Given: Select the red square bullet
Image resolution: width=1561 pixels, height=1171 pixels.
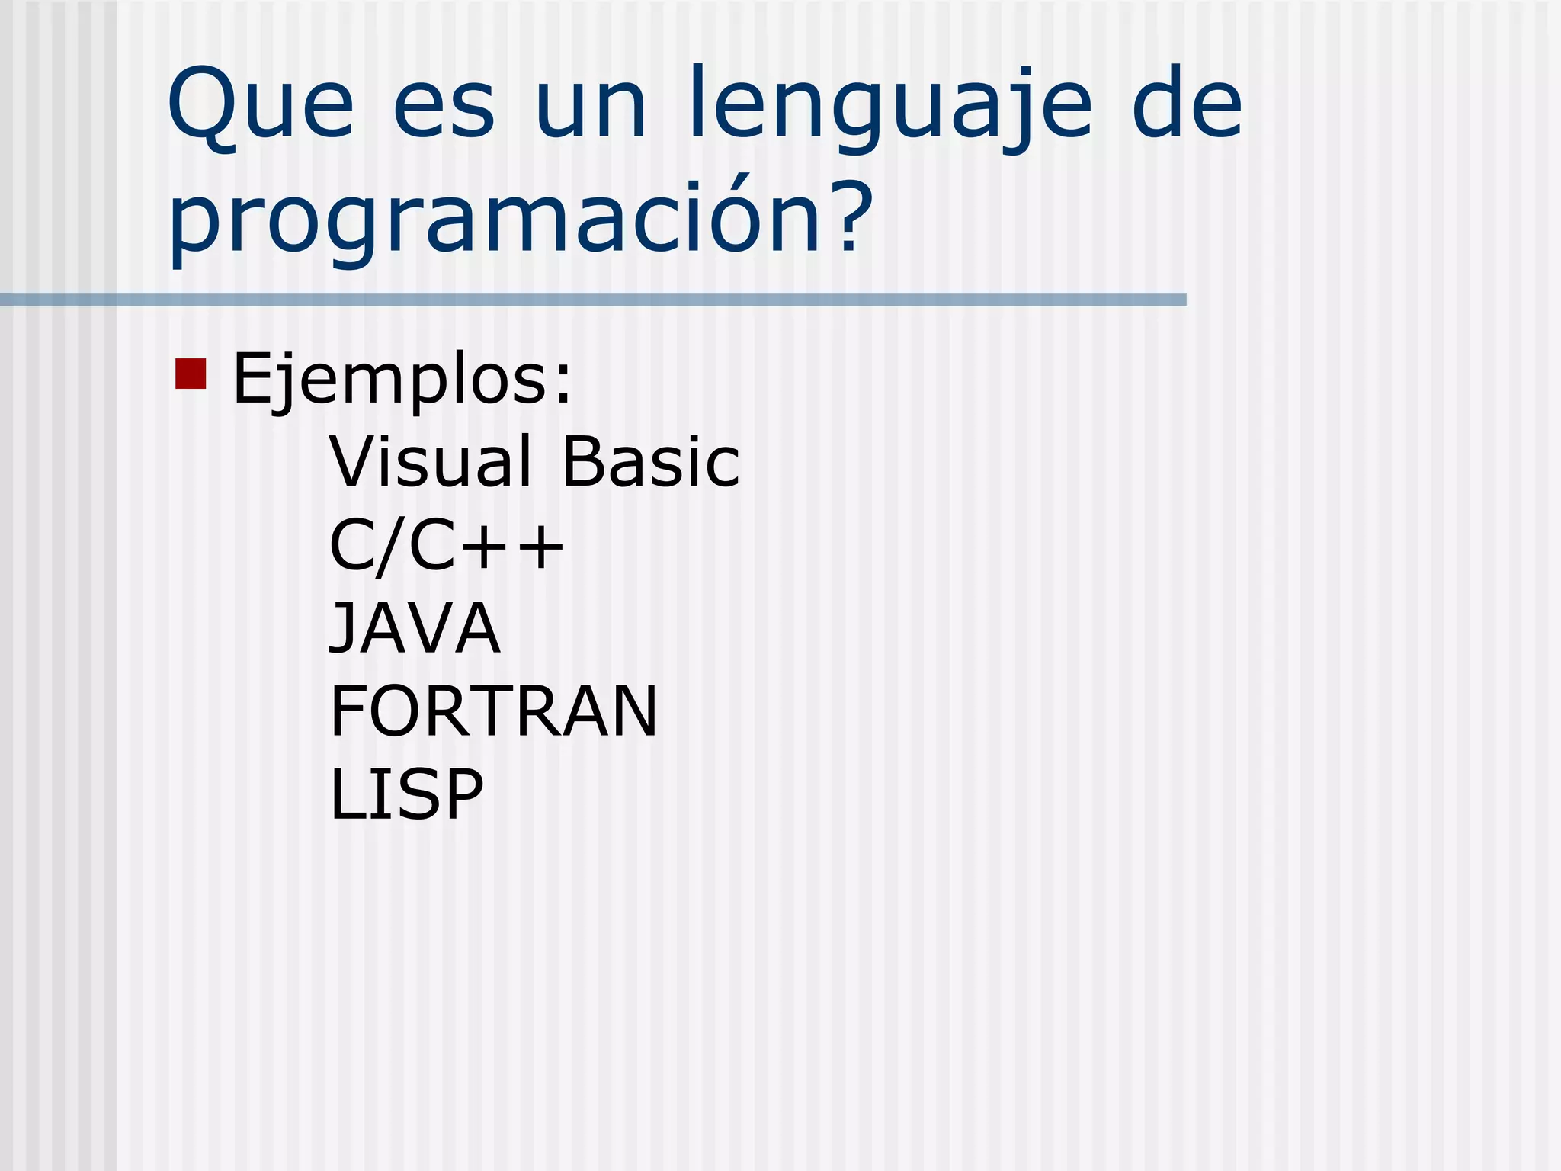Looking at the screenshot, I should click(x=191, y=374).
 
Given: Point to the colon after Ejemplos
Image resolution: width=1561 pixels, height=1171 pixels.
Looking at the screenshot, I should click(x=563, y=386).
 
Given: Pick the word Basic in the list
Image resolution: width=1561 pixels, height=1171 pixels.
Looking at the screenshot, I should click(x=651, y=462).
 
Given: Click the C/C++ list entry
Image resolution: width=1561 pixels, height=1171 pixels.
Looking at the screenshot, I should click(x=447, y=546).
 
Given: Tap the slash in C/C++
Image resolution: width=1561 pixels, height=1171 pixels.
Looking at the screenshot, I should click(x=392, y=547).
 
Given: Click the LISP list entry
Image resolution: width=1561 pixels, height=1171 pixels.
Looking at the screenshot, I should click(x=406, y=794).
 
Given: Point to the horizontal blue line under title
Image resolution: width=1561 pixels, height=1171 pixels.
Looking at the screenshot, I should click(x=593, y=300).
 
